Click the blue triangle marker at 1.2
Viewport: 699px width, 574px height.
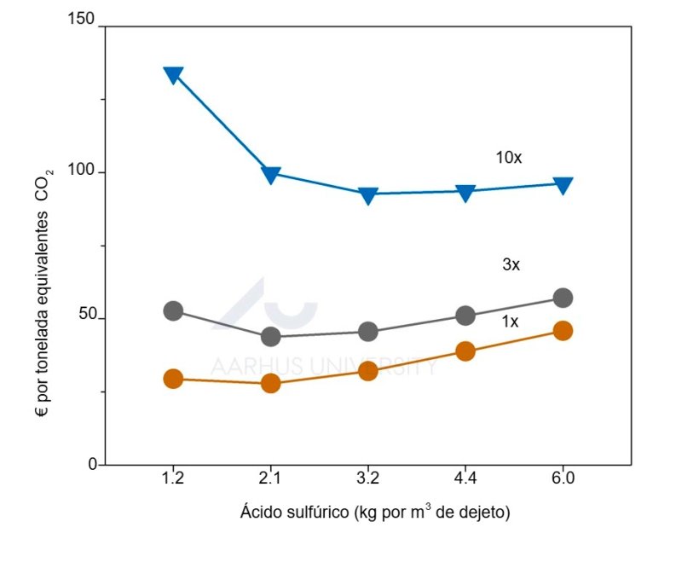pos(173,74)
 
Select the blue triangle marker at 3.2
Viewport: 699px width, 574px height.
pos(368,195)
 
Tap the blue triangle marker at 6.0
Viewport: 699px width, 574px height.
pos(563,185)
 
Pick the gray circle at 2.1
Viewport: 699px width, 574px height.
pos(271,336)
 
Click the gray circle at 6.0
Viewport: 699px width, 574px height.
pos(563,298)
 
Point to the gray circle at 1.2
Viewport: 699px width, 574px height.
pos(173,310)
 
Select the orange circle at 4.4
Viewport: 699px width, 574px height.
pos(465,351)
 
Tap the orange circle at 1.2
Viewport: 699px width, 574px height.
pos(173,379)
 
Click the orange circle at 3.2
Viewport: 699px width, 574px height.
pos(368,370)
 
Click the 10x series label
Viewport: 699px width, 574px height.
pos(509,158)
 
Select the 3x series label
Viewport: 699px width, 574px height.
pos(511,265)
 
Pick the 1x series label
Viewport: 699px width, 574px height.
pos(510,322)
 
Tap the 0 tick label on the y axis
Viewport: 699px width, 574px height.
pos(91,464)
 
